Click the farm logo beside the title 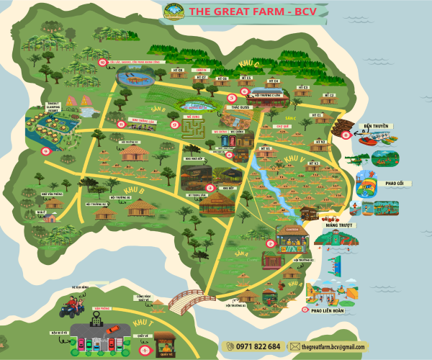[x=174, y=10]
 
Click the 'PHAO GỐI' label [x=395, y=183]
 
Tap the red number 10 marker [x=102, y=63]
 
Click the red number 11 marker [x=120, y=123]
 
